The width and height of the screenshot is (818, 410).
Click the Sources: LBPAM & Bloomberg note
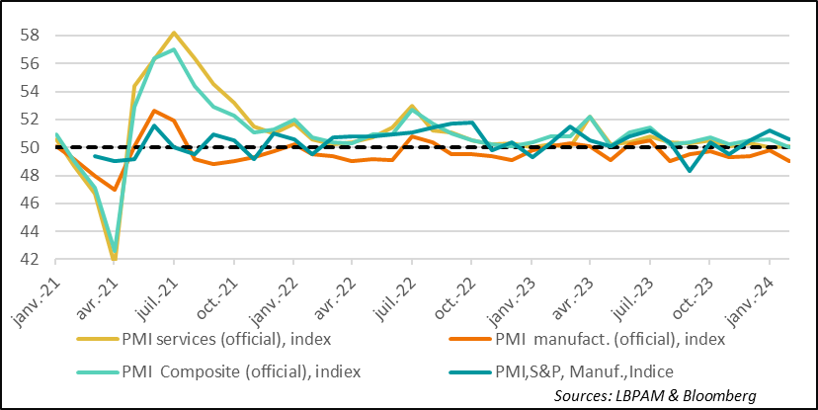pyautogui.click(x=655, y=395)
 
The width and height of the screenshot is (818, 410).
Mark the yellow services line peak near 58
pyautogui.click(x=174, y=34)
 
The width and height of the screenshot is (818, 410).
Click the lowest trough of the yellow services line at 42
pyautogui.click(x=114, y=260)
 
